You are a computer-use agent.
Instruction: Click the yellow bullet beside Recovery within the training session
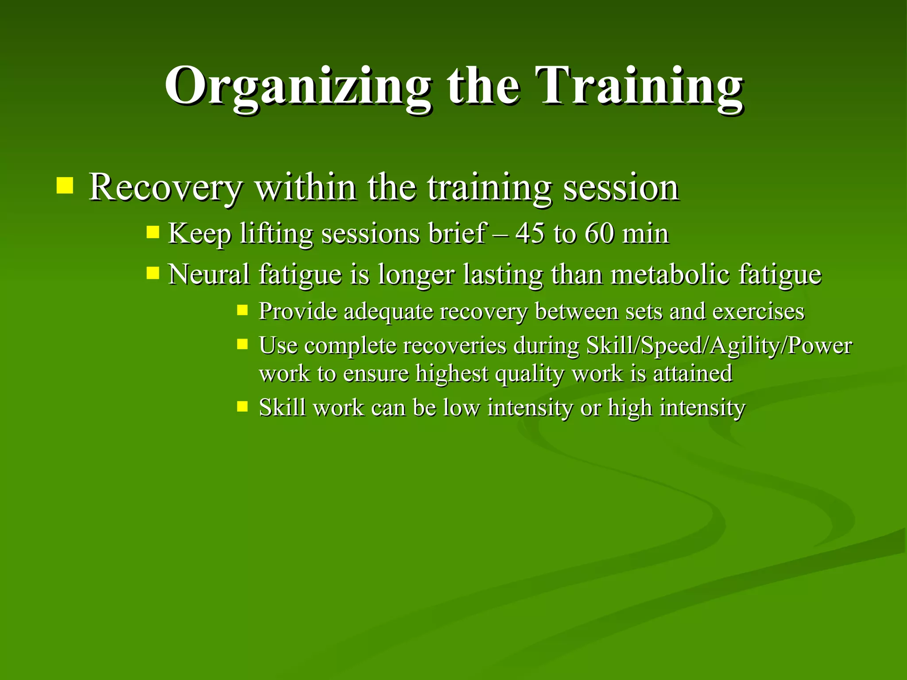point(65,186)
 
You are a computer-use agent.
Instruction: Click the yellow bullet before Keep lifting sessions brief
point(153,232)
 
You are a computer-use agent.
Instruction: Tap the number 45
point(530,233)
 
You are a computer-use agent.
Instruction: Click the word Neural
point(209,274)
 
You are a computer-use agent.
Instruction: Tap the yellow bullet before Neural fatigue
point(153,273)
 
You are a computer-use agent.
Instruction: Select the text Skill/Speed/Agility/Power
point(719,346)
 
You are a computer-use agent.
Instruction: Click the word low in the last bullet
point(461,407)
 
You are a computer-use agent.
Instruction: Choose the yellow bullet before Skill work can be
point(242,406)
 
